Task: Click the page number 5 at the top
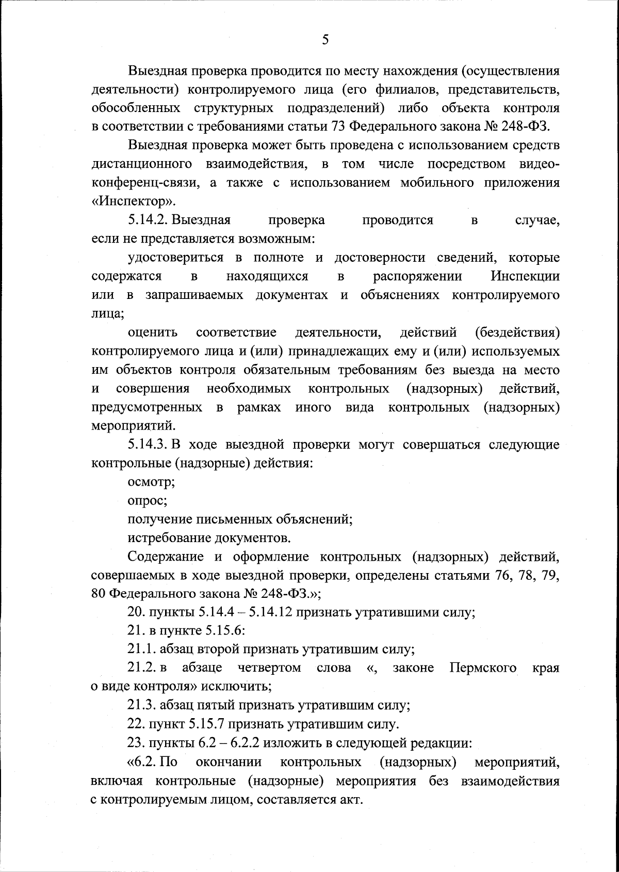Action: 324,40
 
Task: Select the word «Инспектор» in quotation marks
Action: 134,201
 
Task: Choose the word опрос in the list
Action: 147,500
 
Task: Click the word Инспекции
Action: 525,276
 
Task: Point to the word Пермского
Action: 483,668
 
